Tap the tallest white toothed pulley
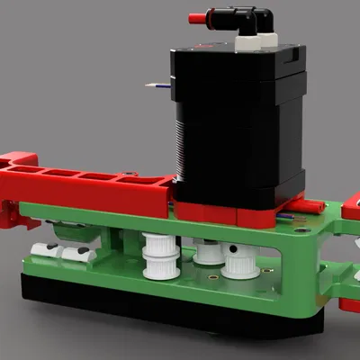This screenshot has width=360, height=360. [157, 256]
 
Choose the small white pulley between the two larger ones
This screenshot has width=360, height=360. [208, 252]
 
